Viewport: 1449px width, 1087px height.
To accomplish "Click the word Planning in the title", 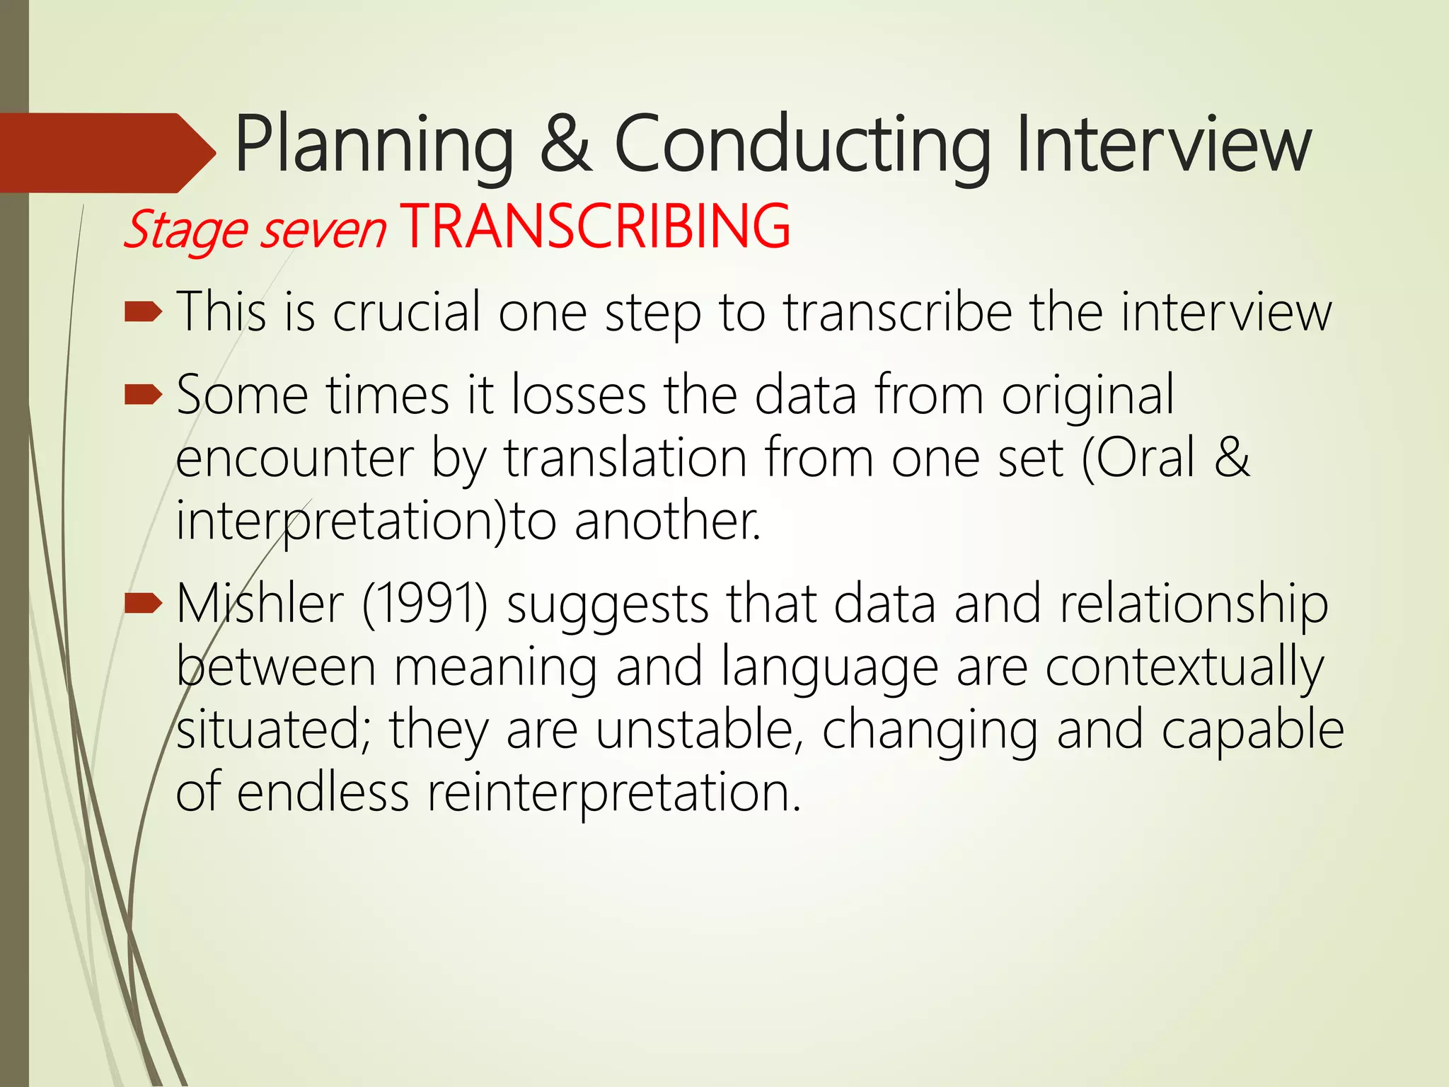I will click(x=374, y=146).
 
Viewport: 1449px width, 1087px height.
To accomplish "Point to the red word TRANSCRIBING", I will click(x=595, y=226).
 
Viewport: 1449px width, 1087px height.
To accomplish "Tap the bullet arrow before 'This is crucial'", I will click(x=144, y=312).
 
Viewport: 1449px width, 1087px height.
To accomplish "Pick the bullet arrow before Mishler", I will click(x=144, y=604).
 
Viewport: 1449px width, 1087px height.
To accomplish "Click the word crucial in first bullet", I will click(x=407, y=312).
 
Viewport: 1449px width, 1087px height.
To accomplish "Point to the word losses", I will click(x=579, y=395).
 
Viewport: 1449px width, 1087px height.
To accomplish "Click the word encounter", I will click(x=294, y=459).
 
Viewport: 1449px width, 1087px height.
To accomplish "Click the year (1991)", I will click(x=425, y=604).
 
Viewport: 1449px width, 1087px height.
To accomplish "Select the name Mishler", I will click(x=260, y=604).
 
